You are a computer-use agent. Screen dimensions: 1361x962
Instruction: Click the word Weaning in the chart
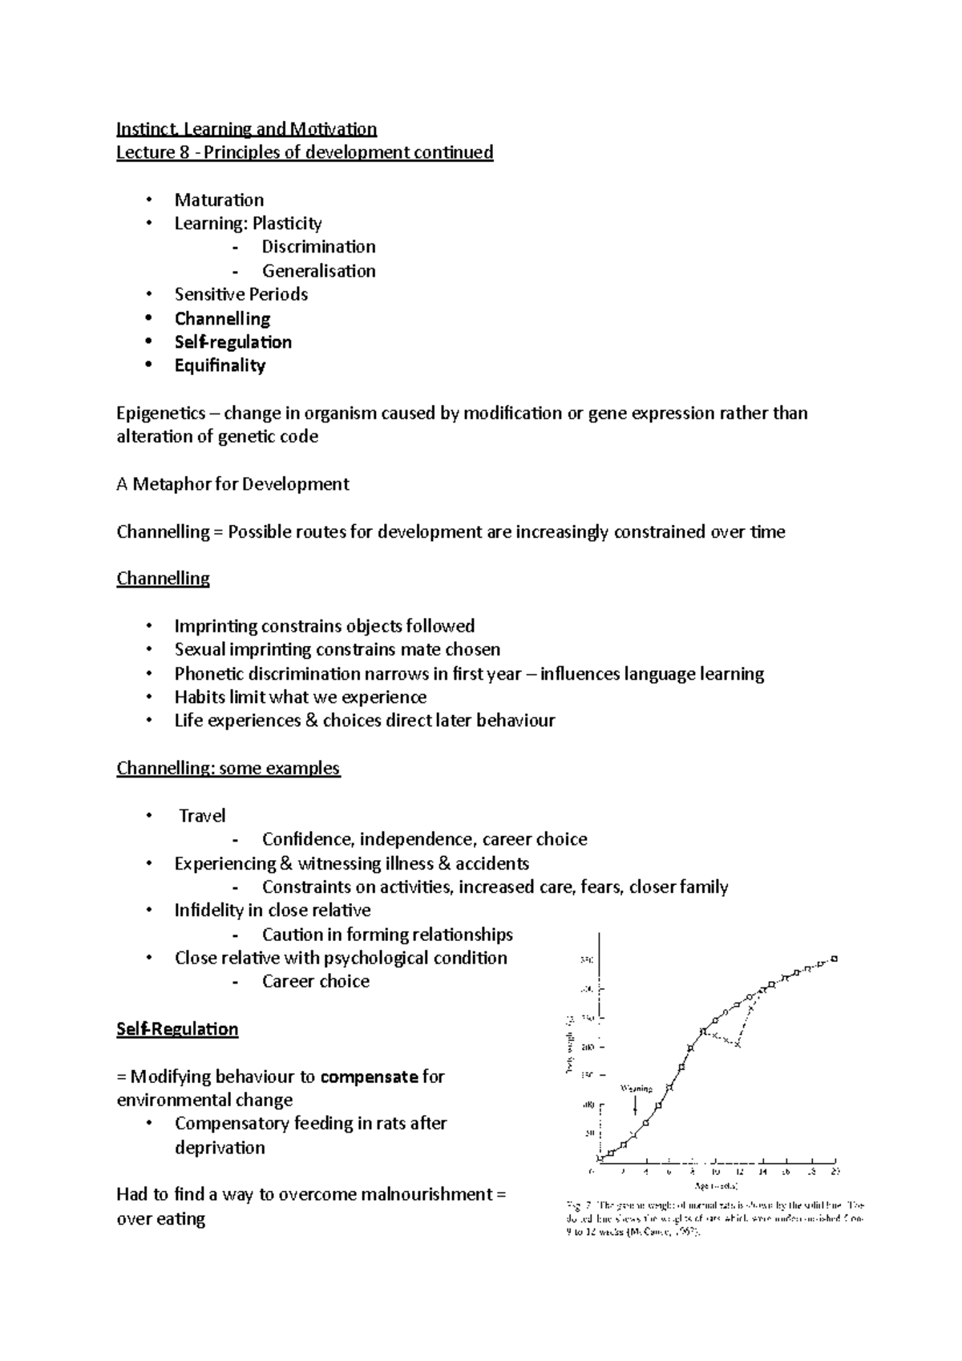coord(637,1088)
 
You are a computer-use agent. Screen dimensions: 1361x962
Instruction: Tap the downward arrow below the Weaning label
coord(636,1106)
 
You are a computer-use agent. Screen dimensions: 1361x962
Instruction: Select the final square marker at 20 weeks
coord(835,959)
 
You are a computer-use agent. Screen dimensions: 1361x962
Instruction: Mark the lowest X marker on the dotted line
coord(738,1045)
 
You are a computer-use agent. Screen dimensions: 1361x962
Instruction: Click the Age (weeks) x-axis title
coord(716,1185)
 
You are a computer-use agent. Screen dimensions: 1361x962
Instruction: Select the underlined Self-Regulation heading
coord(177,1029)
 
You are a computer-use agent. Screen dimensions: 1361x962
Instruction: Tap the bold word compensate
coord(369,1076)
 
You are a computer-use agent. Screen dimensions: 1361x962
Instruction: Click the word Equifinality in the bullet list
coord(220,365)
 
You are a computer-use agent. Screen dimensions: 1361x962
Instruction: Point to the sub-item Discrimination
coord(318,247)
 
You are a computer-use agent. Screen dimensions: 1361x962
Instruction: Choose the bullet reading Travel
coord(202,816)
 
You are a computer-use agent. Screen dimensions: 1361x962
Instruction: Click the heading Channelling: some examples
coord(228,768)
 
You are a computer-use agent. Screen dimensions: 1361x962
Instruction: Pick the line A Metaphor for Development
coord(232,484)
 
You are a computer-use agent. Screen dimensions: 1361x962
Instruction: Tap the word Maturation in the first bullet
coord(219,200)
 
